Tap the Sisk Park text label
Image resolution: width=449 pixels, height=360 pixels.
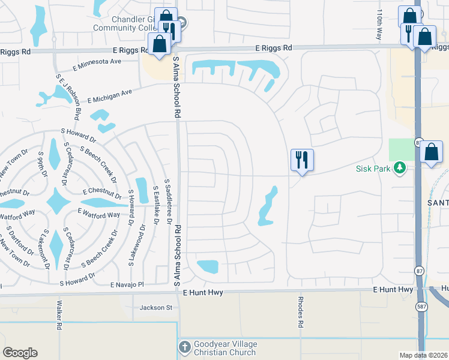click(373, 169)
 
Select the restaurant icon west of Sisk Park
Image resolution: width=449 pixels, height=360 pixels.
click(301, 160)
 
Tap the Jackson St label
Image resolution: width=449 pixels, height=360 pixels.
click(155, 308)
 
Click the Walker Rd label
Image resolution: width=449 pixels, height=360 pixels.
click(59, 316)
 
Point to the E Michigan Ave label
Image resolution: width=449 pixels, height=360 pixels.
click(110, 96)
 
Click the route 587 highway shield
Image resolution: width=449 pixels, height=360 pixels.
click(422, 307)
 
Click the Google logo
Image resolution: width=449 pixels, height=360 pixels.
click(20, 353)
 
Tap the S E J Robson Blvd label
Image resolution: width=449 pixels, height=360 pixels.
click(68, 95)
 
